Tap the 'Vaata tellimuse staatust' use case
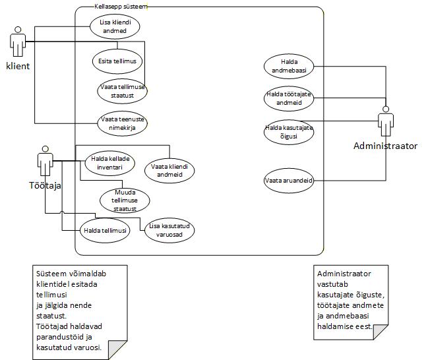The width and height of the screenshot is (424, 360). click(x=122, y=92)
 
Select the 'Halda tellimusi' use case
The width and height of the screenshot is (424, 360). click(x=106, y=230)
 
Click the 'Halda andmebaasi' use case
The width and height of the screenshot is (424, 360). click(x=289, y=67)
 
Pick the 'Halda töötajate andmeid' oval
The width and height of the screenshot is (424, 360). click(x=289, y=98)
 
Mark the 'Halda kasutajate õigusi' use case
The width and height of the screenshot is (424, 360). click(x=289, y=131)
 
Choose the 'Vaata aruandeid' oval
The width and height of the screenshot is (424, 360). click(x=289, y=179)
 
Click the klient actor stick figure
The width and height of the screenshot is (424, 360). click(x=18, y=43)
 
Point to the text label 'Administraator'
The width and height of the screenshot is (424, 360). click(x=385, y=146)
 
